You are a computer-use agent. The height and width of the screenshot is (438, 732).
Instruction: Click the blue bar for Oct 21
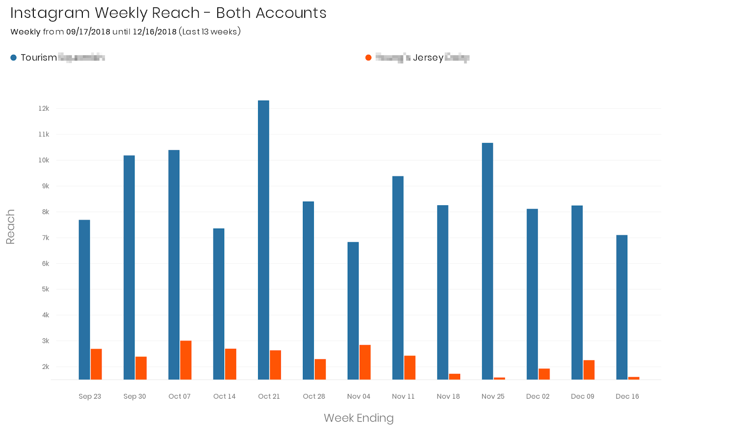264,240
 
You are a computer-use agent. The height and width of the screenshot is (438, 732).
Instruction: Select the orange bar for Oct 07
186,360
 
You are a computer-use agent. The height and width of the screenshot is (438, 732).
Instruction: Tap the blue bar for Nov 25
487,261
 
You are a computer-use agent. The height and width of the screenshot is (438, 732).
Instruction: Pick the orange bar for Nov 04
365,362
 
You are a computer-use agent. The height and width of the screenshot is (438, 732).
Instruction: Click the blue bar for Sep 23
84,299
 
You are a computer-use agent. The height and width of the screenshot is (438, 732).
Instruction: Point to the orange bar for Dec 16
634,378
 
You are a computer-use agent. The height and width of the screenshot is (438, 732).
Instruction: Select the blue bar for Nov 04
353,311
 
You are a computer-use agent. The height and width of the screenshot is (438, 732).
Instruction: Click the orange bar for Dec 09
589,370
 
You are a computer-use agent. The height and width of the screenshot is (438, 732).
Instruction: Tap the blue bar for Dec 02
532,294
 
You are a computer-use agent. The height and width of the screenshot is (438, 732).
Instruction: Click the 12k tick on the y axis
44,109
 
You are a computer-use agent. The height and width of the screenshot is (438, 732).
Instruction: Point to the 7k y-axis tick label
45,238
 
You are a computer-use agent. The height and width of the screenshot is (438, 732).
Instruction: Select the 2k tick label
45,367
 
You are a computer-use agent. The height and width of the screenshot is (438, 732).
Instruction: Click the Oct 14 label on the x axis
224,396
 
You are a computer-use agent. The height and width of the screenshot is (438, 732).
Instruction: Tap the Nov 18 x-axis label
448,396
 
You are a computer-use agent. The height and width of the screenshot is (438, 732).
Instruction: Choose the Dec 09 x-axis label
582,396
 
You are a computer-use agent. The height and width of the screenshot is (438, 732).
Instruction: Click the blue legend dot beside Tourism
14,58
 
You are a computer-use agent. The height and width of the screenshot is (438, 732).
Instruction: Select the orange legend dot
368,58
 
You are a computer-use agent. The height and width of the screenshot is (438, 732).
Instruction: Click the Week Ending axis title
358,418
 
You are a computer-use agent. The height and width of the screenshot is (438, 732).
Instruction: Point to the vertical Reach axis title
10,227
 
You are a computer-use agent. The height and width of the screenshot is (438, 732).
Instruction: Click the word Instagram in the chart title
50,13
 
